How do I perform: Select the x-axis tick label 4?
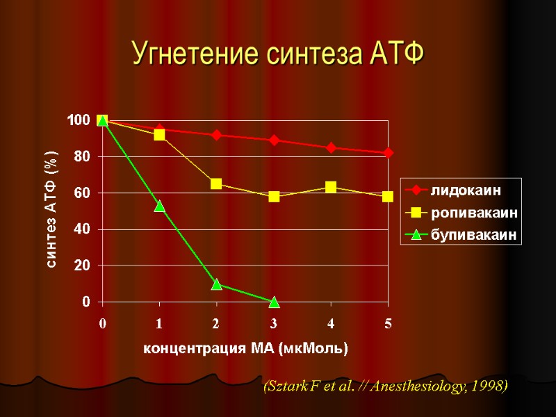pos(331,323)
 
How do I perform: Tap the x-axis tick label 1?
pos(159,323)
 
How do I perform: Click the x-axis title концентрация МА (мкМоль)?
pos(245,347)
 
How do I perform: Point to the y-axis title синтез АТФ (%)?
pos(52,211)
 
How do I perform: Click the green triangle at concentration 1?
pos(159,206)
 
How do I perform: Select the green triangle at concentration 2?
pos(216,284)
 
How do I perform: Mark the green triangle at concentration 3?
pos(274,302)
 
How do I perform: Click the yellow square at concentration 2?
pos(216,184)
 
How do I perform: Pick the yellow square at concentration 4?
pos(331,188)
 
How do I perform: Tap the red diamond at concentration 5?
pos(388,153)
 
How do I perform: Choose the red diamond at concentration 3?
pos(274,140)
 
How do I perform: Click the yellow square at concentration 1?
pos(159,135)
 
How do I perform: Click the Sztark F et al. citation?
pos(385,386)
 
